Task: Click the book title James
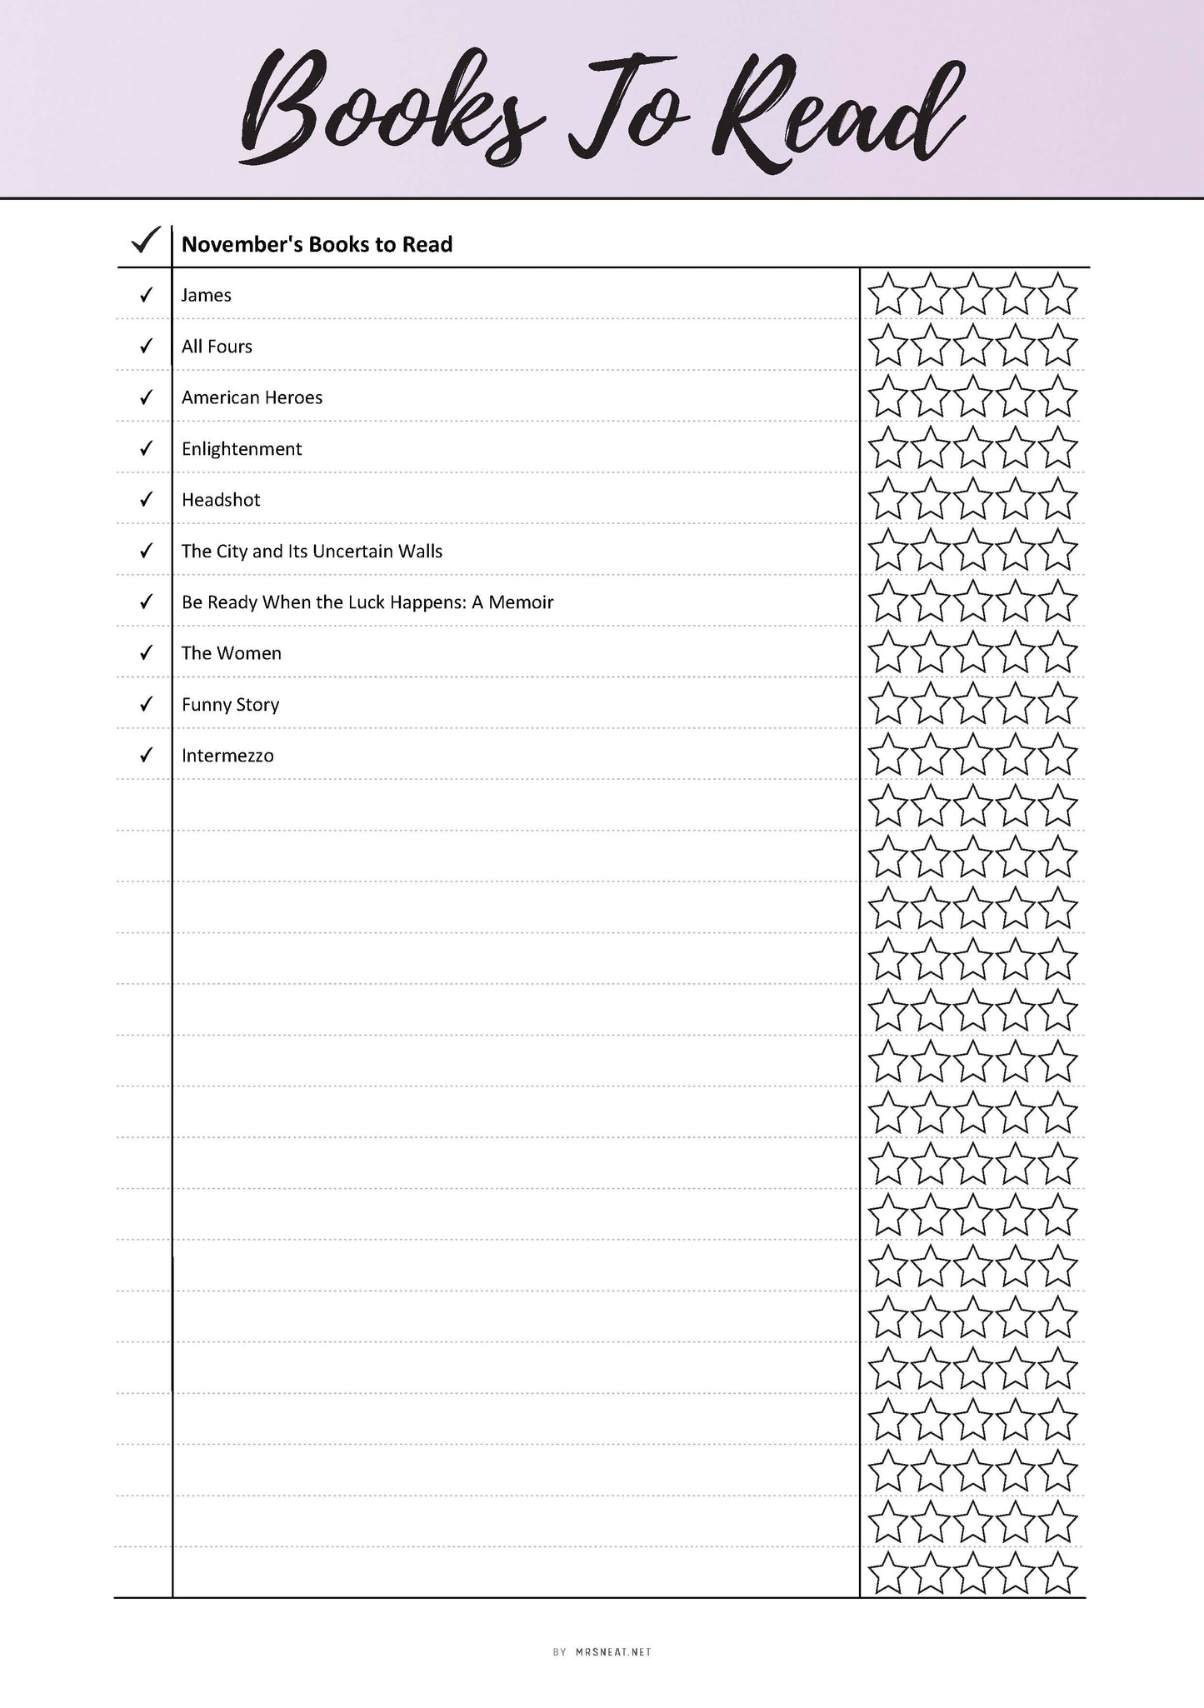tap(207, 295)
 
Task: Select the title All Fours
tap(217, 347)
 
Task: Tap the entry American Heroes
tap(252, 397)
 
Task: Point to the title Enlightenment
tap(242, 449)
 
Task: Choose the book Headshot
tap(221, 500)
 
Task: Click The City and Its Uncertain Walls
tap(312, 552)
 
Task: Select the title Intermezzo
tap(227, 756)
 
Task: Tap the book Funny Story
tap(230, 705)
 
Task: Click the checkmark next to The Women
tap(147, 652)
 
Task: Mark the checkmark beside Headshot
tap(147, 499)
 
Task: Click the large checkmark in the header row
tap(146, 241)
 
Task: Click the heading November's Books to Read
tap(317, 245)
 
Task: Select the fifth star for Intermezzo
tap(1058, 756)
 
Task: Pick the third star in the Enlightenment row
tap(972, 449)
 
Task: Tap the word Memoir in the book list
tap(521, 602)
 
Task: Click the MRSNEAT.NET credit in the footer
tap(613, 1651)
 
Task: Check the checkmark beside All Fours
tap(147, 346)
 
